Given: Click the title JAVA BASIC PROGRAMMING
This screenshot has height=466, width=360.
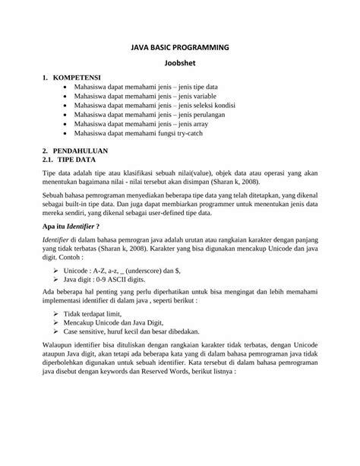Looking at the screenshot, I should point(180,48).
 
